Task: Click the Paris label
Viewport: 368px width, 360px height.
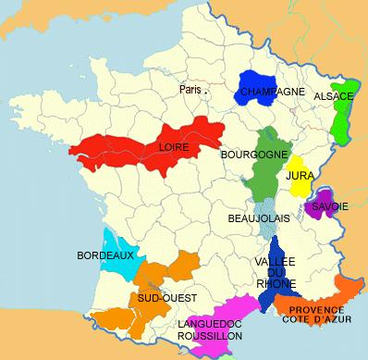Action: [x=190, y=90]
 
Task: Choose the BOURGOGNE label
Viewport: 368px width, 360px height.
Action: [x=251, y=155]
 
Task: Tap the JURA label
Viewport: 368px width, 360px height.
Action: [x=299, y=174]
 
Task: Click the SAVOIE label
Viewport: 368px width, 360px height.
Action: [x=329, y=206]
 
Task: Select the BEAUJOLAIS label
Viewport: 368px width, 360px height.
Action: [x=258, y=218]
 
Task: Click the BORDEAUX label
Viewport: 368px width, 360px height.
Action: [x=105, y=254]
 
